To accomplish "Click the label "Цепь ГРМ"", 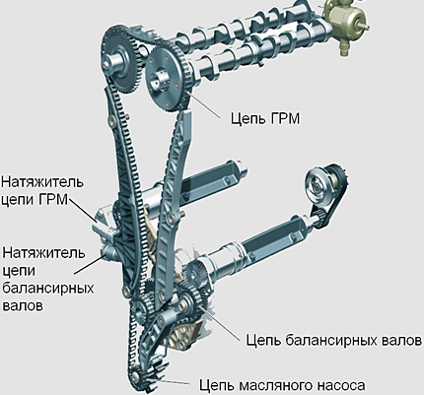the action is coord(265,118).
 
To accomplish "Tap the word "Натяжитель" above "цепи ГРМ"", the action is coord(42,182).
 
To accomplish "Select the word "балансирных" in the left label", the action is coord(48,288).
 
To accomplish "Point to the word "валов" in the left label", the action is coord(23,305).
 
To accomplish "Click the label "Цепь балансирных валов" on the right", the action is coord(334,340).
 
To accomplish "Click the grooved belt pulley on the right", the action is coord(317,185).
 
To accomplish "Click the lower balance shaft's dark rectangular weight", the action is coord(273,236).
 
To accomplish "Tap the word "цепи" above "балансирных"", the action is coord(19,272).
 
